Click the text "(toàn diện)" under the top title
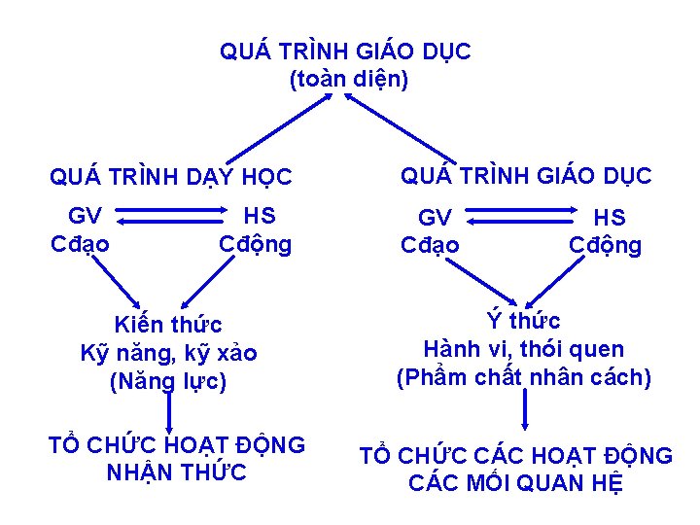coord(348,80)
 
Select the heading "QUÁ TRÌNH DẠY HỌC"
coord(170,178)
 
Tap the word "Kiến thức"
coord(168,325)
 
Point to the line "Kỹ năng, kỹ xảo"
coord(168,353)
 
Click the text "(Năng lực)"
coord(168,381)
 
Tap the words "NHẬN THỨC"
coord(176,473)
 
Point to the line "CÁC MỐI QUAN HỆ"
coord(515,483)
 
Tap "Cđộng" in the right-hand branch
coord(605,245)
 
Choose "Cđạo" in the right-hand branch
coord(431,245)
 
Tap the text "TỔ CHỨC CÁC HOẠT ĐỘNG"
coord(515,455)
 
